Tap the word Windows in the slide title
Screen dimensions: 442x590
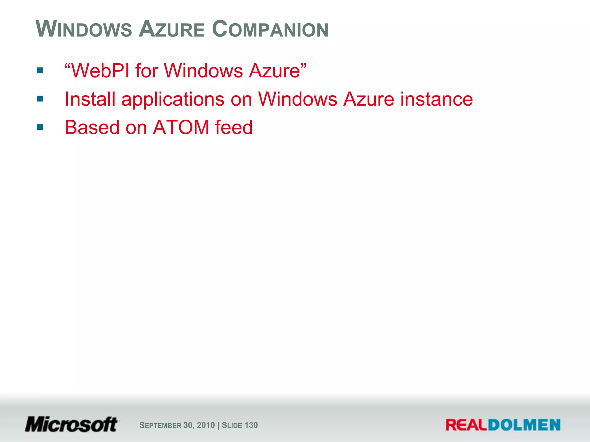(x=84, y=29)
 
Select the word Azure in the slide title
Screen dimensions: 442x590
(x=172, y=29)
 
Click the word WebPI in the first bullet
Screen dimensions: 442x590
(x=101, y=71)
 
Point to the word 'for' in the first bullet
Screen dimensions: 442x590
(x=147, y=71)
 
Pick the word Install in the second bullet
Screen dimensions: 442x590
(x=90, y=99)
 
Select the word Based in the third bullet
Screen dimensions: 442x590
(x=92, y=127)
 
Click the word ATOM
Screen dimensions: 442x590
(x=181, y=127)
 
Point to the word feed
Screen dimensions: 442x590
(x=234, y=127)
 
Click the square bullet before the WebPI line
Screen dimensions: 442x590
(x=40, y=71)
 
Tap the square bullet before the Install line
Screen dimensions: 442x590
(x=40, y=99)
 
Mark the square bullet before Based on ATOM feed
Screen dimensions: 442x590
(x=40, y=127)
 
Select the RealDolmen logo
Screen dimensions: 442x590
(x=503, y=425)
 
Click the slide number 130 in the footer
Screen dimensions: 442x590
(x=251, y=425)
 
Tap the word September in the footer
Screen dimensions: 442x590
(x=160, y=425)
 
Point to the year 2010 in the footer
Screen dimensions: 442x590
(x=206, y=425)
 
